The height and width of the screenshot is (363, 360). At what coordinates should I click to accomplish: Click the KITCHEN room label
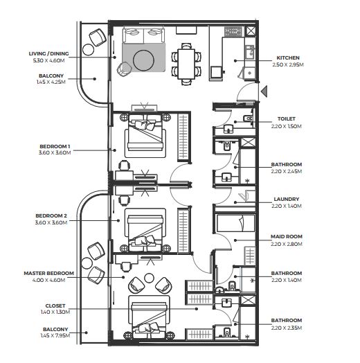coord(288,58)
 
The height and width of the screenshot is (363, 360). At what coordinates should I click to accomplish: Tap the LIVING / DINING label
coord(49,54)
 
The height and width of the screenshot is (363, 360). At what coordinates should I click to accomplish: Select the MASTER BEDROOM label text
coord(49,273)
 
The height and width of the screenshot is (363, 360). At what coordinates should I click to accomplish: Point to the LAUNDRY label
coord(287,199)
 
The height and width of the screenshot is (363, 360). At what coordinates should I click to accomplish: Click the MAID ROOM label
coord(287,237)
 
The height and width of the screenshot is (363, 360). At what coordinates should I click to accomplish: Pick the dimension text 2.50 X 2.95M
coord(288,64)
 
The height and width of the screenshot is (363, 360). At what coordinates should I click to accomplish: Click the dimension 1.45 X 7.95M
coord(55,335)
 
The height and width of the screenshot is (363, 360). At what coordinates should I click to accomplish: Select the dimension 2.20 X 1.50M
coord(287,126)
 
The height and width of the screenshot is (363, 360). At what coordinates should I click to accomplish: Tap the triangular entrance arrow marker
coord(264,91)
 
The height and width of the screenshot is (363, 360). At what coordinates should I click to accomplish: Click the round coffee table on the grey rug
coord(144,60)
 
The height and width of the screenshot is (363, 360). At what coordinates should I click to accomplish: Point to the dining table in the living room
coord(186,64)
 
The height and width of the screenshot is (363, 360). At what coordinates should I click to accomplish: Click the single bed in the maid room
coord(235,223)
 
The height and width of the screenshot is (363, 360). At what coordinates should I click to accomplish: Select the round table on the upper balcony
coord(88,49)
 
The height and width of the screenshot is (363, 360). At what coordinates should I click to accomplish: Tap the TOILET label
coord(287,118)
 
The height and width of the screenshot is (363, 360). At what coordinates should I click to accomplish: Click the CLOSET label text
coord(55,306)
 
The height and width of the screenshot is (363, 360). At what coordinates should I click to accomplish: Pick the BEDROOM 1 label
coord(55,147)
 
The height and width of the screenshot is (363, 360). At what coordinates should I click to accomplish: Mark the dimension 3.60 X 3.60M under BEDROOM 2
coord(51,222)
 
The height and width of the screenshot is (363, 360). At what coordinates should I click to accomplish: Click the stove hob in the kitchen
coord(233,31)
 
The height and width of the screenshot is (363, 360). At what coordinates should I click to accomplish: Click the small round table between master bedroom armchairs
coord(149,278)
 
